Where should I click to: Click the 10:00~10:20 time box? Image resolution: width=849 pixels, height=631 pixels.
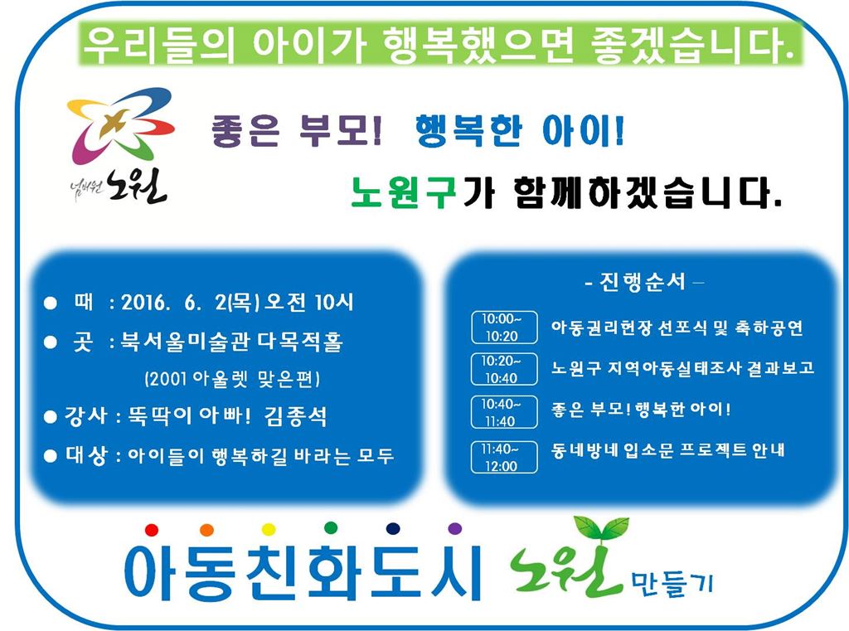tap(503, 328)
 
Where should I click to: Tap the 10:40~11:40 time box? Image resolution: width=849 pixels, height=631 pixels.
tap(503, 412)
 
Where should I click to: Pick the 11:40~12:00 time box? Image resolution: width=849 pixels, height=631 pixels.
tap(503, 457)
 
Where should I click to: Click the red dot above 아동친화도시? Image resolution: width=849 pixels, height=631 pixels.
tap(151, 529)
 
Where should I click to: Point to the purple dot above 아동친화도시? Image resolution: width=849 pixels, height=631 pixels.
tap(454, 528)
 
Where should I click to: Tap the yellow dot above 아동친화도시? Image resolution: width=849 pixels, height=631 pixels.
tap(268, 528)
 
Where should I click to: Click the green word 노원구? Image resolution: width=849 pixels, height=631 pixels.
tap(403, 194)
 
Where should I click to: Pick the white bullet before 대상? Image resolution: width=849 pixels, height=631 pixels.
tap(50, 455)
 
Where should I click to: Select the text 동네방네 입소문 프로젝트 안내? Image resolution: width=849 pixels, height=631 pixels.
tap(668, 451)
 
